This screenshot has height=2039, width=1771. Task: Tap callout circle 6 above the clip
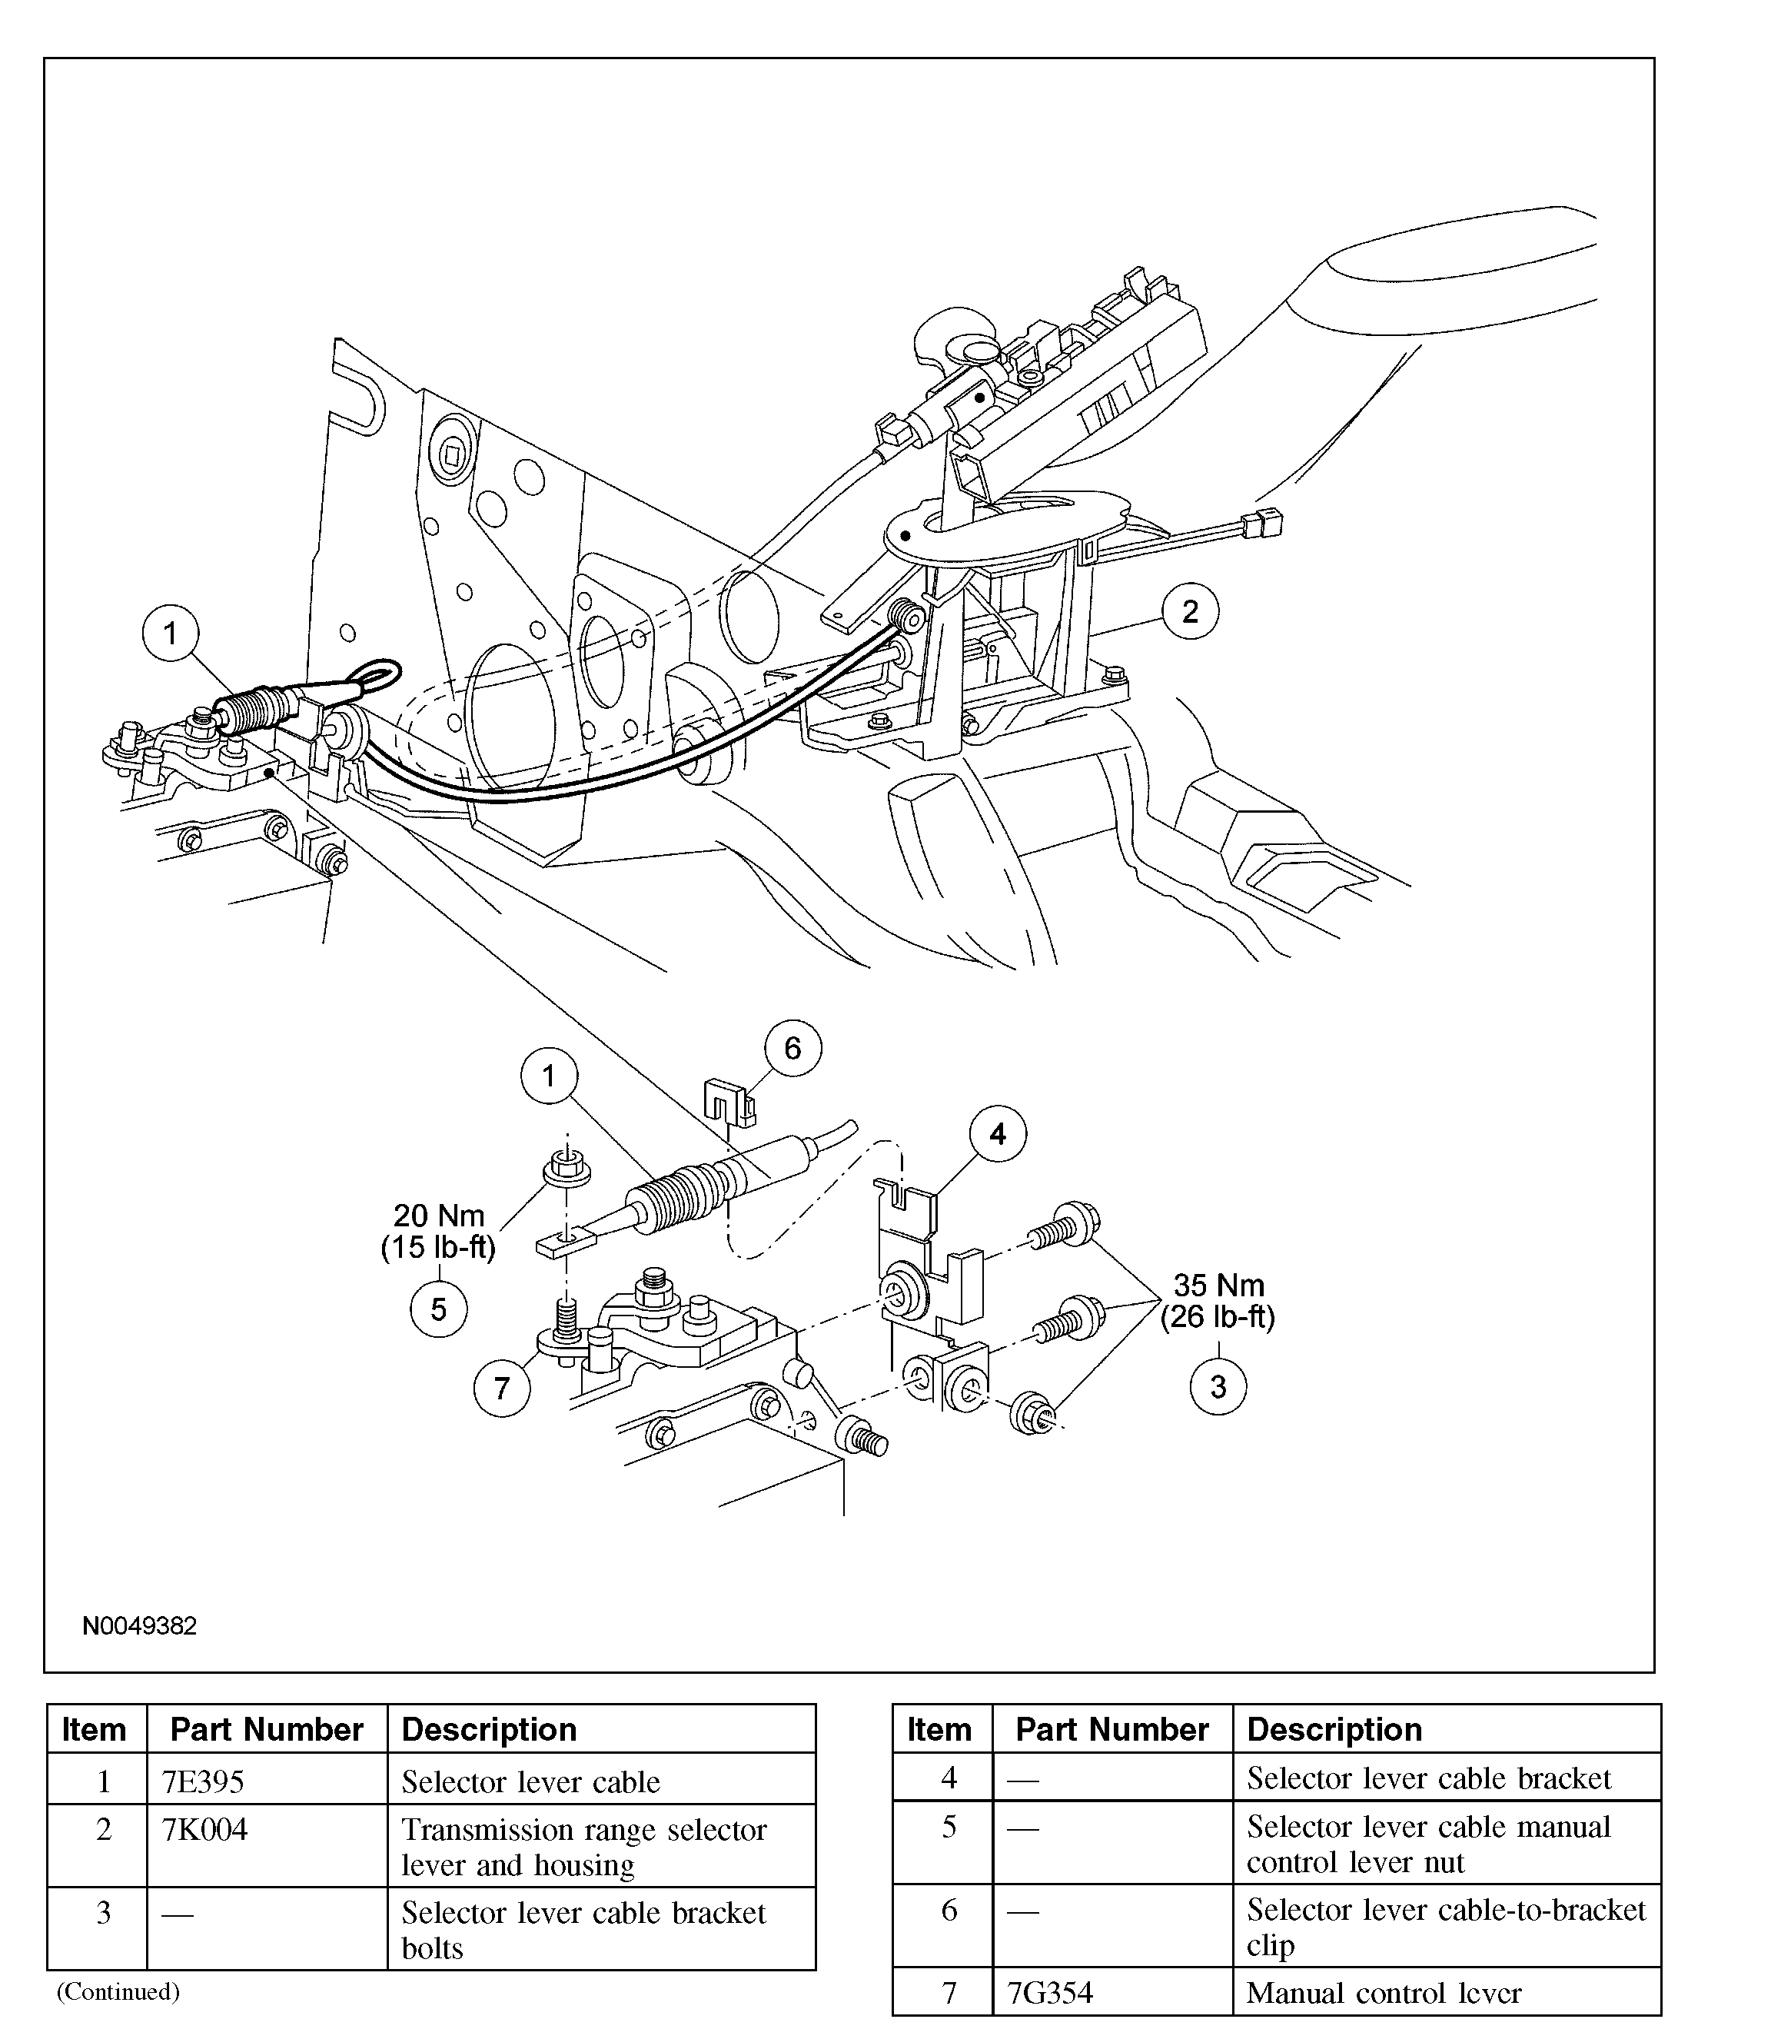pos(792,1048)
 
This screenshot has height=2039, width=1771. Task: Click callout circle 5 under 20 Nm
pos(438,1309)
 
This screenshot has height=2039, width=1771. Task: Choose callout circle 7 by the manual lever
pos(501,1388)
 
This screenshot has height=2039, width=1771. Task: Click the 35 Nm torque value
pos(1218,1285)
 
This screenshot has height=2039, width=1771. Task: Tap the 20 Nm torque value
pos(439,1215)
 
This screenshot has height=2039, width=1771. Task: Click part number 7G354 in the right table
pos(1049,1993)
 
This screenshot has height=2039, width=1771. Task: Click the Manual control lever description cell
pos(1384,1993)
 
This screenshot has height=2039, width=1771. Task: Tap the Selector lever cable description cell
pos(530,1782)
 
